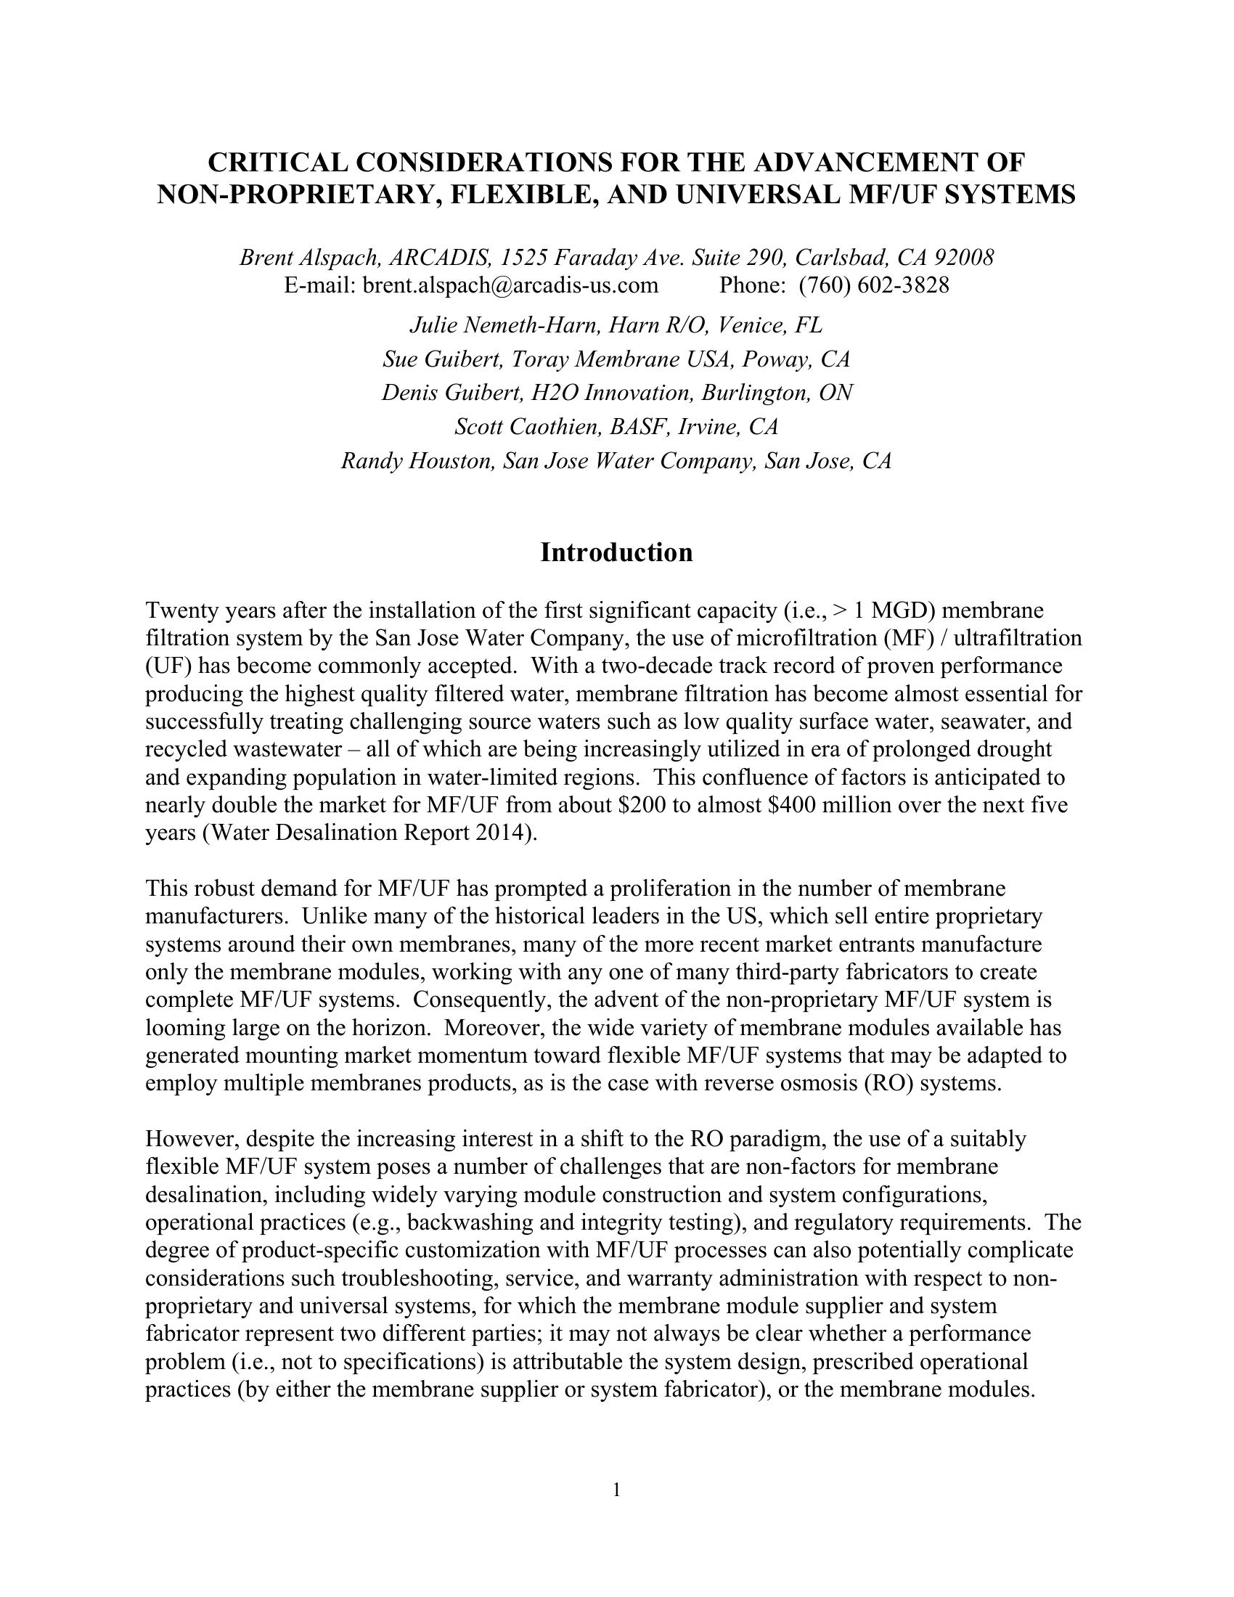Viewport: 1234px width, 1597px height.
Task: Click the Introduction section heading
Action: [616, 553]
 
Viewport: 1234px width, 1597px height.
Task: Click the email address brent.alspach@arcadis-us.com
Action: [510, 285]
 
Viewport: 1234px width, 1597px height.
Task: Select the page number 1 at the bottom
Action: [616, 1490]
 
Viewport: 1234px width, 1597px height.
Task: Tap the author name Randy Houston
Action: [417, 461]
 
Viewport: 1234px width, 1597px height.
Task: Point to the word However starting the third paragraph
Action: [191, 1139]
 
